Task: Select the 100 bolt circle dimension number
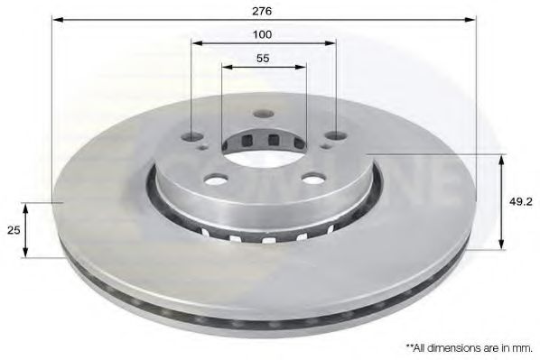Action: click(262, 34)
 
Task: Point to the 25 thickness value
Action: click(13, 229)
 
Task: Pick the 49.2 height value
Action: click(519, 202)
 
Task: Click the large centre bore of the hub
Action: click(263, 143)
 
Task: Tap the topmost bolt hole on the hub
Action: click(263, 114)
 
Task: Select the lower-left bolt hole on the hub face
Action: click(217, 178)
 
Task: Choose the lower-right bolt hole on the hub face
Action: click(309, 178)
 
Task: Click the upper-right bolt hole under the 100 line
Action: click(334, 136)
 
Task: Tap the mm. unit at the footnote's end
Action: click(523, 346)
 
